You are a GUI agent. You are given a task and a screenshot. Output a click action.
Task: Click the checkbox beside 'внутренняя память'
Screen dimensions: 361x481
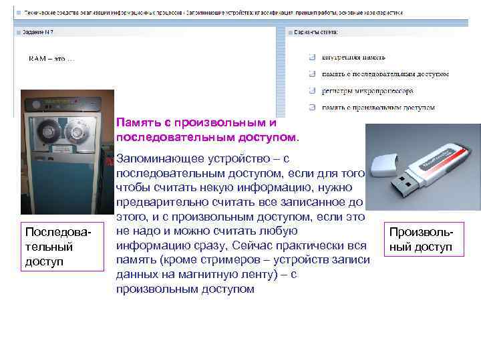click(312, 57)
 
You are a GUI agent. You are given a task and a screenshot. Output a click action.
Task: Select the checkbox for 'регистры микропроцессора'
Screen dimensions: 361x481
click(312, 90)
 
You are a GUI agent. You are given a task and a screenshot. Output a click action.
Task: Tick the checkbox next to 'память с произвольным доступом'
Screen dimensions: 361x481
click(312, 107)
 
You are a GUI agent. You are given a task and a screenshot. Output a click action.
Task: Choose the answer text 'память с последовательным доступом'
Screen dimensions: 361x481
click(385, 74)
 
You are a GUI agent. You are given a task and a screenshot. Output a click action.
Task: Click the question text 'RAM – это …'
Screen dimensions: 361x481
click(52, 58)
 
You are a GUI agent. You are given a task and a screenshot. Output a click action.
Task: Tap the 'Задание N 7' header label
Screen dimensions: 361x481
click(39, 31)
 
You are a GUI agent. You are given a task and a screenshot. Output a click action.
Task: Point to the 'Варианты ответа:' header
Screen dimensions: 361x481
click(316, 31)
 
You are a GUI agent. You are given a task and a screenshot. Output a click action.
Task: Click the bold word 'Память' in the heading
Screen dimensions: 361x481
click(138, 123)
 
